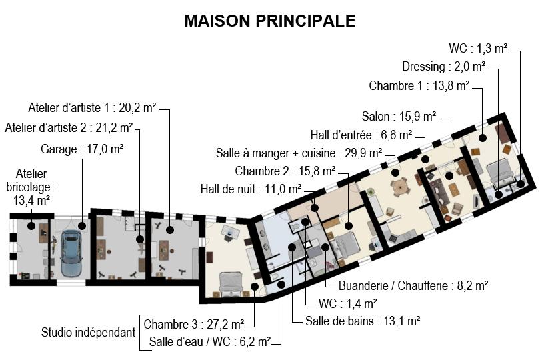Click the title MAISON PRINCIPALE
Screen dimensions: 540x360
(x=269, y=21)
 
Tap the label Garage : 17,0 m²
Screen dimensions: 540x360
(x=82, y=149)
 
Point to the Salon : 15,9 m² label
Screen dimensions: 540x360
(x=399, y=117)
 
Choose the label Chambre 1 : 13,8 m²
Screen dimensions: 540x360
(x=419, y=85)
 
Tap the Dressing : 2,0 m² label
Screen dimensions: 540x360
(x=444, y=66)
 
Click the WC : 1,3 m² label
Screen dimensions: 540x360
(x=478, y=48)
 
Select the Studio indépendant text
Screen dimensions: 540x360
(x=88, y=333)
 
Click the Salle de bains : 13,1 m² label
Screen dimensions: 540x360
(x=363, y=321)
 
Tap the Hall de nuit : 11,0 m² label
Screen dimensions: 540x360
(x=251, y=189)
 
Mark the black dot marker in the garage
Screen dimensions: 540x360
(x=81, y=225)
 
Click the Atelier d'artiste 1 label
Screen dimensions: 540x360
(x=92, y=108)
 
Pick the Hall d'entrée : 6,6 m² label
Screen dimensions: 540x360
(x=361, y=135)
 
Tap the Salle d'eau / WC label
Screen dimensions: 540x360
(x=209, y=342)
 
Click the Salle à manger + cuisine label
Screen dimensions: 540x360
(x=299, y=153)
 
